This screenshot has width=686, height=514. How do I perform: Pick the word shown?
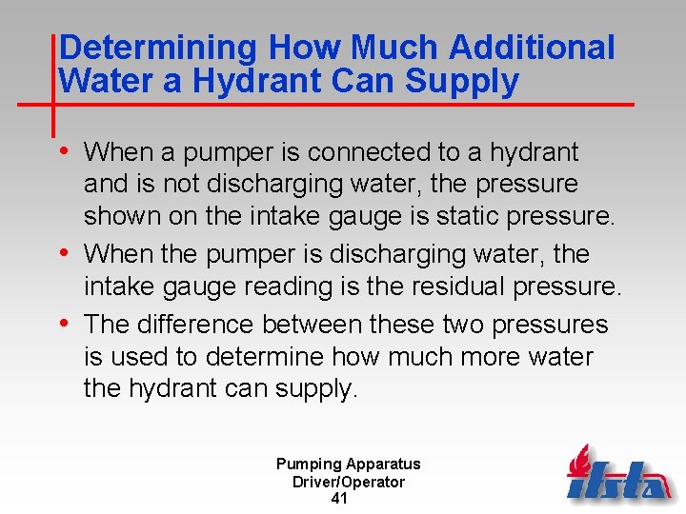[123, 217]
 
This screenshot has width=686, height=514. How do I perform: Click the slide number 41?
[339, 499]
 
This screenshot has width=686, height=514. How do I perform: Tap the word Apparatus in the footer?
[382, 465]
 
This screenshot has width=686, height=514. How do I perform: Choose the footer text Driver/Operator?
[348, 482]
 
